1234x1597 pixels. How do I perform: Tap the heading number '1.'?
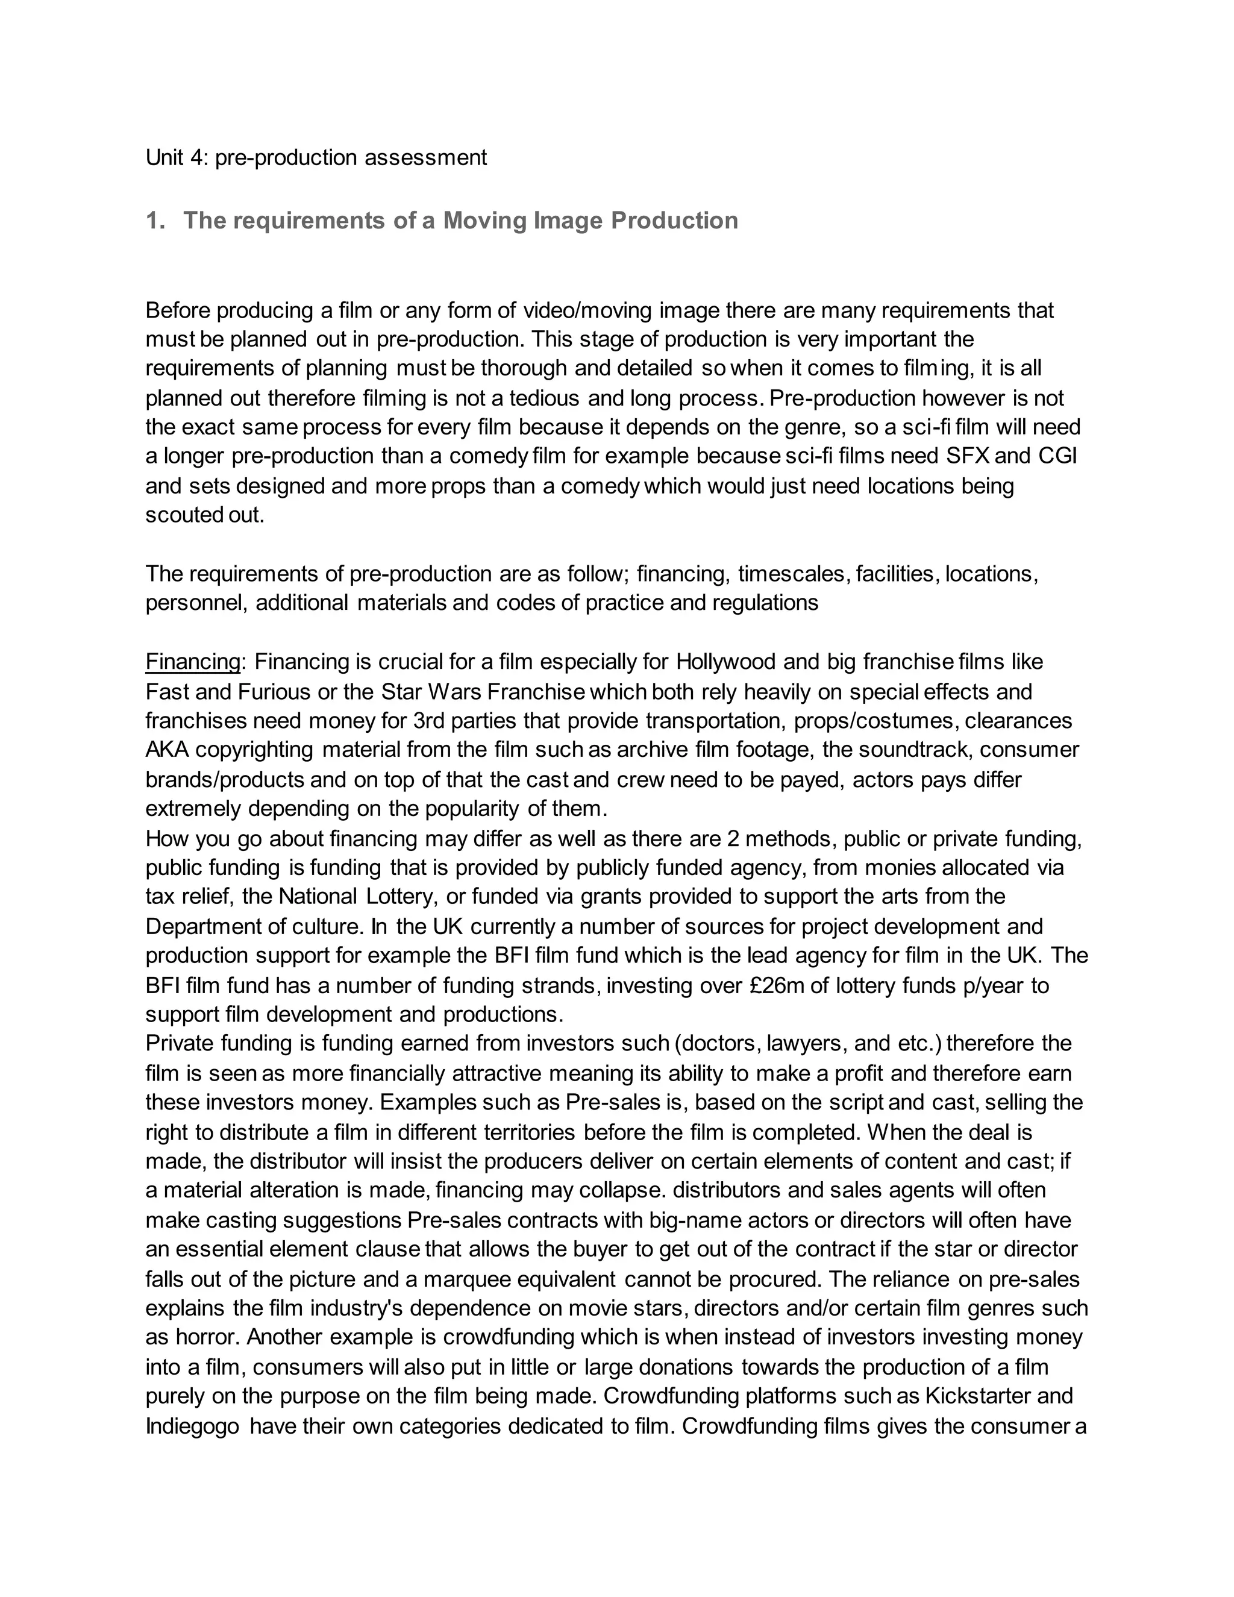(x=155, y=220)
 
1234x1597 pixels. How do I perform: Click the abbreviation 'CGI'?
(x=1057, y=456)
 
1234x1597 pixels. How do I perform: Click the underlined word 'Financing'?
(x=193, y=662)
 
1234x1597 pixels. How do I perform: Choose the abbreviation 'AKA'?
(x=168, y=750)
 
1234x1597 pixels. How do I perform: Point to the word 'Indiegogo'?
(x=192, y=1426)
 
